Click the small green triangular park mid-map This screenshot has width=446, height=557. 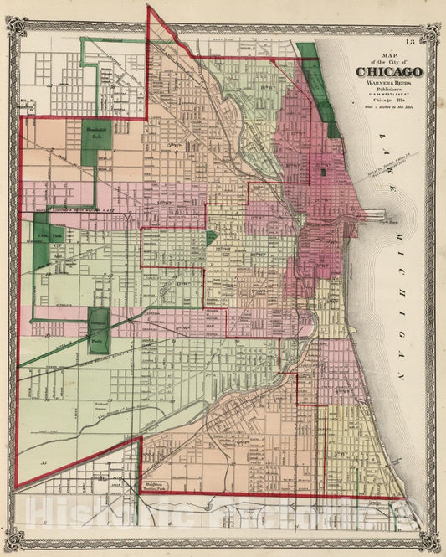pyautogui.click(x=211, y=238)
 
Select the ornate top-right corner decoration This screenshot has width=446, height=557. pyautogui.click(x=429, y=31)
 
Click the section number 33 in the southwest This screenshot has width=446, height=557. pyautogui.click(x=35, y=461)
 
